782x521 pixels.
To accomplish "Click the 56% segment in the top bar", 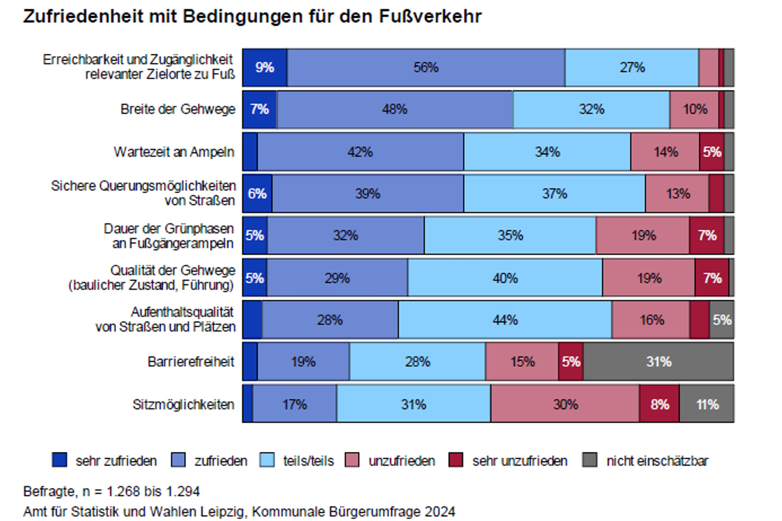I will click(426, 67).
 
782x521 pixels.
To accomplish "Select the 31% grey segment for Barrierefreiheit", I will click(658, 362).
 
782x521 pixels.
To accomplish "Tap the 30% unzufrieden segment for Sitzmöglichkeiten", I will click(565, 404).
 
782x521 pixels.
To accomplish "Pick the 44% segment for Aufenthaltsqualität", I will click(505, 320).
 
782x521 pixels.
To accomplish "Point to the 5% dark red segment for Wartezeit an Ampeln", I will click(712, 152).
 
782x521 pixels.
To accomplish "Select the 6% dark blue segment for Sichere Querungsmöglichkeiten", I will click(257, 193).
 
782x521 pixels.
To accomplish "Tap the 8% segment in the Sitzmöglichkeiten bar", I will click(659, 404).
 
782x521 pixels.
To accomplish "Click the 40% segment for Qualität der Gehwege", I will click(505, 278).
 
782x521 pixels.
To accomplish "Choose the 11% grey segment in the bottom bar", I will click(707, 404).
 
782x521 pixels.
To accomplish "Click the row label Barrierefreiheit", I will click(191, 362).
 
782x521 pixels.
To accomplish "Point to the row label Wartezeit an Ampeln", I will click(174, 152).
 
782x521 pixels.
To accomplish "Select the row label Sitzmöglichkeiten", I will click(183, 404).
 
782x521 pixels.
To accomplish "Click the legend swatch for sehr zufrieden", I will click(59, 460).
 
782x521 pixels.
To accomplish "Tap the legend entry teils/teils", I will click(308, 461).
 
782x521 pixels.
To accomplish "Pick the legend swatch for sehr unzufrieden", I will click(456, 460).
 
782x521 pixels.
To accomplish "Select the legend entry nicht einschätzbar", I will click(657, 461).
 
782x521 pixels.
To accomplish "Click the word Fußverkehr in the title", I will click(430, 16).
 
